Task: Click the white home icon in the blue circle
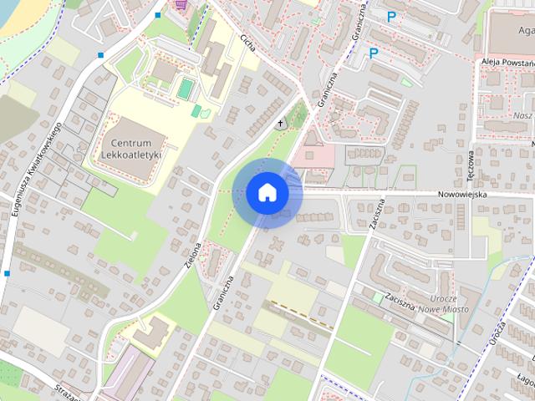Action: pos(267,192)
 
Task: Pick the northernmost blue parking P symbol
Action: pos(391,16)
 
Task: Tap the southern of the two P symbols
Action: pos(374,53)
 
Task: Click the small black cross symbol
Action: pos(280,124)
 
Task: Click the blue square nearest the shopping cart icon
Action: pos(158,15)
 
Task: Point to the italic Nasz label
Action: pos(523,115)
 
